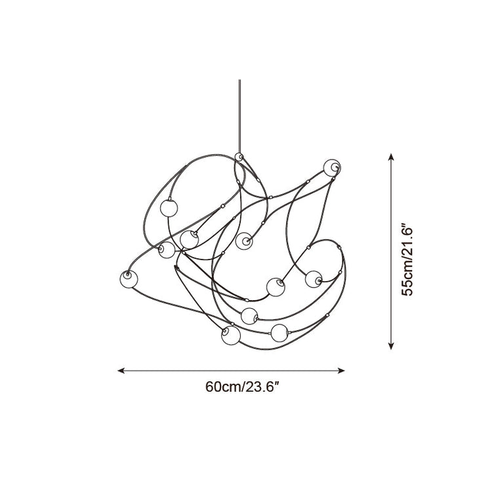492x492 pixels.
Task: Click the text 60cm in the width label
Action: (x=223, y=386)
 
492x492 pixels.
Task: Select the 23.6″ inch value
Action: (x=262, y=386)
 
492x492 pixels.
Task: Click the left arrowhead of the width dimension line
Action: (x=121, y=370)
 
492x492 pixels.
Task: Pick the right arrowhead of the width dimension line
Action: (x=341, y=370)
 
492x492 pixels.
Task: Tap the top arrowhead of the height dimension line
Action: (x=391, y=157)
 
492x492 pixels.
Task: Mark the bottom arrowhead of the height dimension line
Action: (x=391, y=346)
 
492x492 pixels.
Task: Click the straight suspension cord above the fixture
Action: (x=239, y=116)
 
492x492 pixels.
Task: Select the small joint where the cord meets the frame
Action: (x=239, y=157)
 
